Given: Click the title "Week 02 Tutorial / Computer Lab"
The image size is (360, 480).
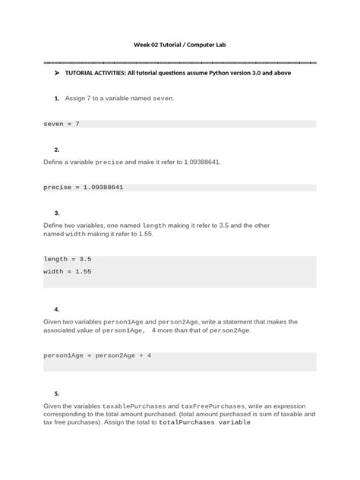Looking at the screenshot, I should pyautogui.click(x=179, y=46).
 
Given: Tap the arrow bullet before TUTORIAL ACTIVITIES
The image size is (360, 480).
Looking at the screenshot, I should pyautogui.click(x=57, y=74).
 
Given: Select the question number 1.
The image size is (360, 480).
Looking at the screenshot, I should pyautogui.click(x=57, y=99).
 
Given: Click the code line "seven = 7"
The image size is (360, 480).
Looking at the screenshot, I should pyautogui.click(x=62, y=123).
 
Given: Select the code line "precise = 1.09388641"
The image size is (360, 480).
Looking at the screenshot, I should pyautogui.click(x=84, y=187).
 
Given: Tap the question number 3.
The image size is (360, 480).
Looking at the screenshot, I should pyautogui.click(x=57, y=213).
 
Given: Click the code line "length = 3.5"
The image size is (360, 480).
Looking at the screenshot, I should pyautogui.click(x=67, y=259).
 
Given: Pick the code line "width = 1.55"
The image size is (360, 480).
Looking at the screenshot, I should pyautogui.click(x=67, y=271).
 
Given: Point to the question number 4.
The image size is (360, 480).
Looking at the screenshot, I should pyautogui.click(x=57, y=310).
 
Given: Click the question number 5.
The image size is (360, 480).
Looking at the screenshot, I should pyautogui.click(x=57, y=393).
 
